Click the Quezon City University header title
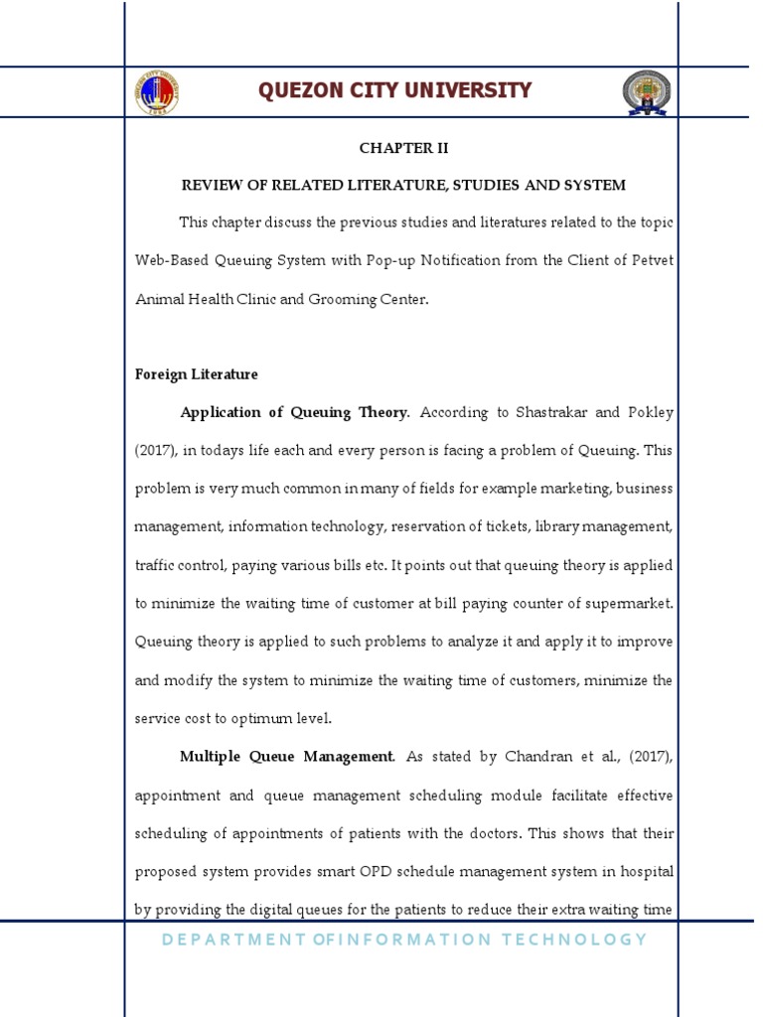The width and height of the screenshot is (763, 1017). (394, 91)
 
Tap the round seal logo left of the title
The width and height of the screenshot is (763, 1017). (159, 92)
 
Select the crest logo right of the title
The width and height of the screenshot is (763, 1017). (647, 92)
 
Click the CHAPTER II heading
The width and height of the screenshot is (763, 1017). (403, 148)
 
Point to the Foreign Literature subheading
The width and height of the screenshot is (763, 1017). (196, 374)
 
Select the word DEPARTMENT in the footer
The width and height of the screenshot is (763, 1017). (223, 940)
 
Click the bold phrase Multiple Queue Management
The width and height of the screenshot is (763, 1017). (286, 757)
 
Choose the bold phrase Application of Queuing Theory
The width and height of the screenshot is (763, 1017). (294, 412)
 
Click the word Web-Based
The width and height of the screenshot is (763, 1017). (171, 260)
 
